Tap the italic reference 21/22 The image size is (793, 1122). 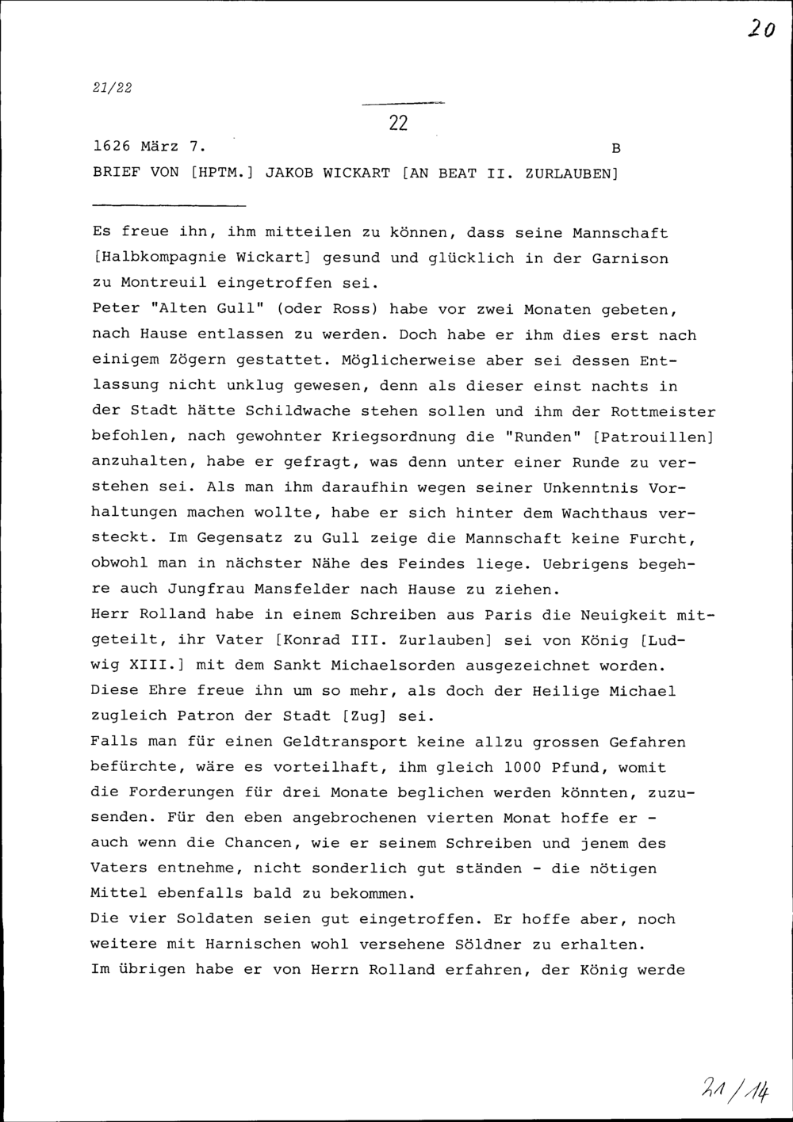(112, 88)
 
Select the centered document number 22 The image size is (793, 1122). (398, 123)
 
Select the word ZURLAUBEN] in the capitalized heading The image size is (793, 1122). (571, 173)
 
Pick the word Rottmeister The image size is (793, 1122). (663, 412)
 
